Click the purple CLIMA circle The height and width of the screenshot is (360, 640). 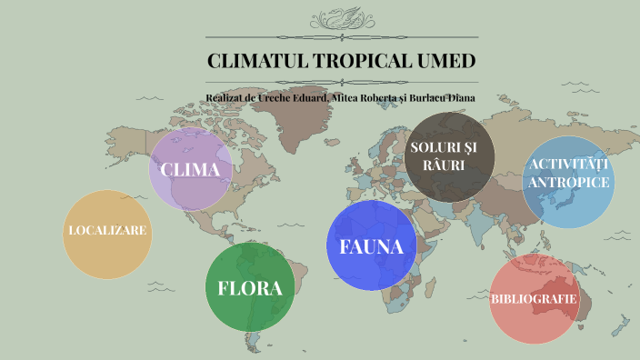190,170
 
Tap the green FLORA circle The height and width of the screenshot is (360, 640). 250,287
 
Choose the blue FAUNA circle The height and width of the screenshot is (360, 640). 371,245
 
